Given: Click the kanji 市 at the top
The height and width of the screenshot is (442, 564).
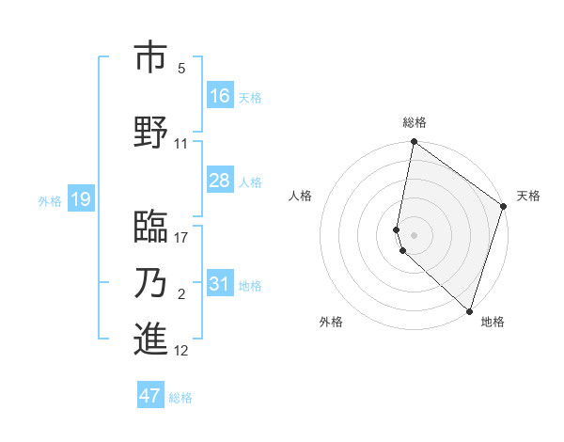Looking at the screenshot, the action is [x=150, y=57].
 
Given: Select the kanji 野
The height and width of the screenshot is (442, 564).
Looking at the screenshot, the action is [x=150, y=133].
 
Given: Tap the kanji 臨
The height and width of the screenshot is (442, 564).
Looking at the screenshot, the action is [x=150, y=227].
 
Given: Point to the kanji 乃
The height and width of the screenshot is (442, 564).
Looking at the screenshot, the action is [x=150, y=283].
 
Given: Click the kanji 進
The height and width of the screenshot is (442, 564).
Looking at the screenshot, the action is [x=150, y=339].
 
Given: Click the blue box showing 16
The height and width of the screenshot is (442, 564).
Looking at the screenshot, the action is [x=220, y=95].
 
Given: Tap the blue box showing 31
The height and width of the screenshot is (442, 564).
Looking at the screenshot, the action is [x=220, y=284].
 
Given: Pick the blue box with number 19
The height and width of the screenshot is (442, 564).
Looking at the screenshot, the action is [x=81, y=198].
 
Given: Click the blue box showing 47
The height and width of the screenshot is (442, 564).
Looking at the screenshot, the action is [x=150, y=396].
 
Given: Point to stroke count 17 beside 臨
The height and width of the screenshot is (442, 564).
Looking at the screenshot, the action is [x=181, y=238].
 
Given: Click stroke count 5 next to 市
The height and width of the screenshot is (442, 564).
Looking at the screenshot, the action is [x=181, y=69].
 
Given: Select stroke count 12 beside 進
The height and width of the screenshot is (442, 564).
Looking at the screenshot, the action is [x=181, y=351].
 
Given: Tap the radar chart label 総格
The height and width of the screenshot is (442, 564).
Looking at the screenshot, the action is [x=415, y=122].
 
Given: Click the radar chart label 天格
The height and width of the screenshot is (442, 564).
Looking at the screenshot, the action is [x=528, y=196].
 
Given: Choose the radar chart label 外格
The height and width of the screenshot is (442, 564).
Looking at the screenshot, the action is [x=331, y=322].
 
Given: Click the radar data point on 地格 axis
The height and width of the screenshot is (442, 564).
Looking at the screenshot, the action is [x=469, y=310].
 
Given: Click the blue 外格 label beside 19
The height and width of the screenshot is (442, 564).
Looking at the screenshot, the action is [x=50, y=200].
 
